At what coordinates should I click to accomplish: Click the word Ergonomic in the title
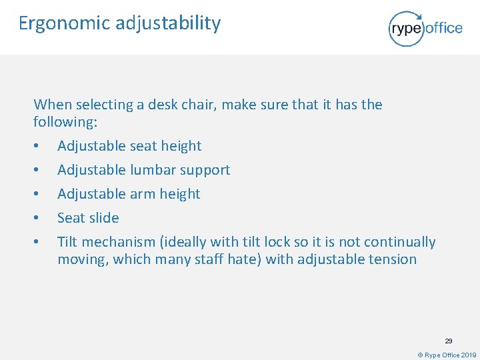click(64, 23)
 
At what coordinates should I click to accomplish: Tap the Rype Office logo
click(425, 28)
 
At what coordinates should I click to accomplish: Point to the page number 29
click(449, 341)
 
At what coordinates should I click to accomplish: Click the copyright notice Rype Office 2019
click(447, 355)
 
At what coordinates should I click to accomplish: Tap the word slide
click(104, 218)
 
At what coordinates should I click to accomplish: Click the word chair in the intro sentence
click(198, 105)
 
